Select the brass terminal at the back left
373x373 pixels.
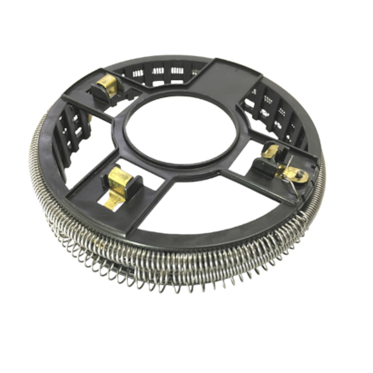pos(107,88)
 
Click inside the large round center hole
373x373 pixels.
pos(181,134)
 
